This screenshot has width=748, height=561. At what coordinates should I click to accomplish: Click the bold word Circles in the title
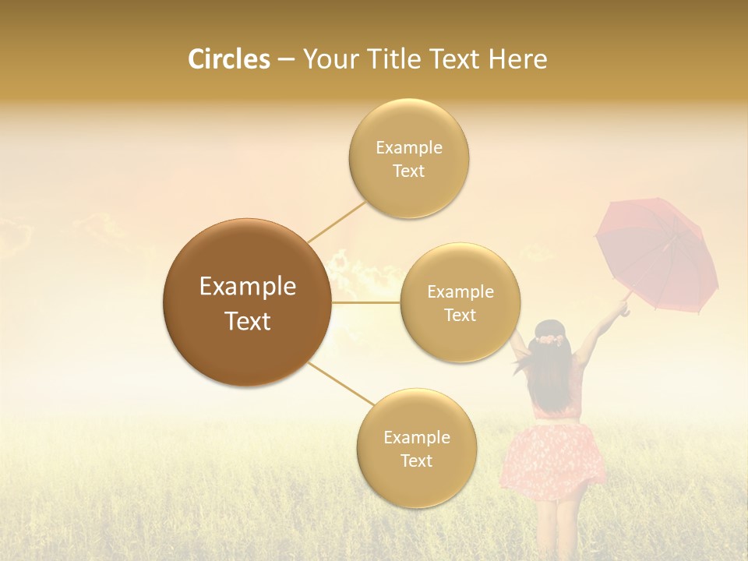pos(229,59)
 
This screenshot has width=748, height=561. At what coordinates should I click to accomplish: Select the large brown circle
pos(247,302)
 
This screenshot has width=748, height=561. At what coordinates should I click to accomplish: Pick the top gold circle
pos(408,159)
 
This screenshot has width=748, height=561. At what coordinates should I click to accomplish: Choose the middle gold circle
pos(460,303)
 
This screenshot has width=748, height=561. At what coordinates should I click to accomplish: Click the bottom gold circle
pos(416,448)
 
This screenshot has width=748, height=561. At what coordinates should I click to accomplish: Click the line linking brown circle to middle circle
pos(365,302)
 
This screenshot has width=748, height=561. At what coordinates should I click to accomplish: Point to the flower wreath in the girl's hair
pos(549,338)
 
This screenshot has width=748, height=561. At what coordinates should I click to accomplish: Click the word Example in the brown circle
pos(247,287)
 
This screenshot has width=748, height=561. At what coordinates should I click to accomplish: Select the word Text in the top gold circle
pos(408,171)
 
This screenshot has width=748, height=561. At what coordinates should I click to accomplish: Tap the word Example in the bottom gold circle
pos(416,437)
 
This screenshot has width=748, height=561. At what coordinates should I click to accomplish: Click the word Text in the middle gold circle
pos(460,316)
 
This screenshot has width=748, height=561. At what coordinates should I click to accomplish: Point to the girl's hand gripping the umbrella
pos(623,306)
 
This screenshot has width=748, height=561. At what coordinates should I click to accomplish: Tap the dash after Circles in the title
pos(285,60)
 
